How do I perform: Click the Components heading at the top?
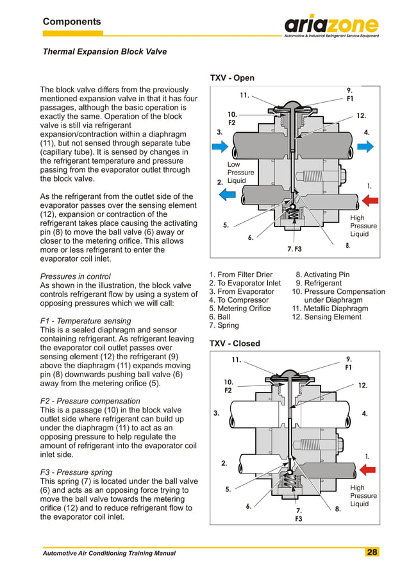pyautogui.click(x=72, y=22)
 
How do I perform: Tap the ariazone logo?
pyautogui.click(x=331, y=25)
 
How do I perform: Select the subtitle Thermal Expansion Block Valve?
pyautogui.click(x=104, y=52)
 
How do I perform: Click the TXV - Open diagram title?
pyautogui.click(x=232, y=78)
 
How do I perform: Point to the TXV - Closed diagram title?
pyautogui.click(x=235, y=343)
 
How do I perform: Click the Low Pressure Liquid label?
pyautogui.click(x=240, y=173)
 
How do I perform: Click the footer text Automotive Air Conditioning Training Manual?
pyautogui.click(x=109, y=553)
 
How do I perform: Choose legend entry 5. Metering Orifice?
pyautogui.click(x=240, y=309)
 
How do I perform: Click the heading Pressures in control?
pyautogui.click(x=76, y=276)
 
